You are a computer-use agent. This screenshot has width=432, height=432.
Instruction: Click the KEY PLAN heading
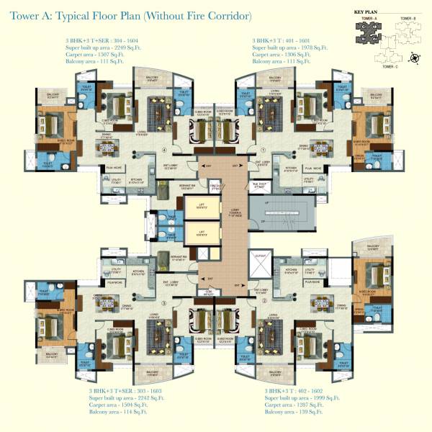tap(367, 12)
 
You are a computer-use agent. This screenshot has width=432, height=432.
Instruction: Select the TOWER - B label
tap(409, 18)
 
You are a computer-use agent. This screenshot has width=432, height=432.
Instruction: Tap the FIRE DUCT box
tap(213, 186)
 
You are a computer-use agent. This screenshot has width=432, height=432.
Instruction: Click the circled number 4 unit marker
tap(165, 150)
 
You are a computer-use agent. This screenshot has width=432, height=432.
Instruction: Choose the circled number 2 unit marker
tap(265, 301)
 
